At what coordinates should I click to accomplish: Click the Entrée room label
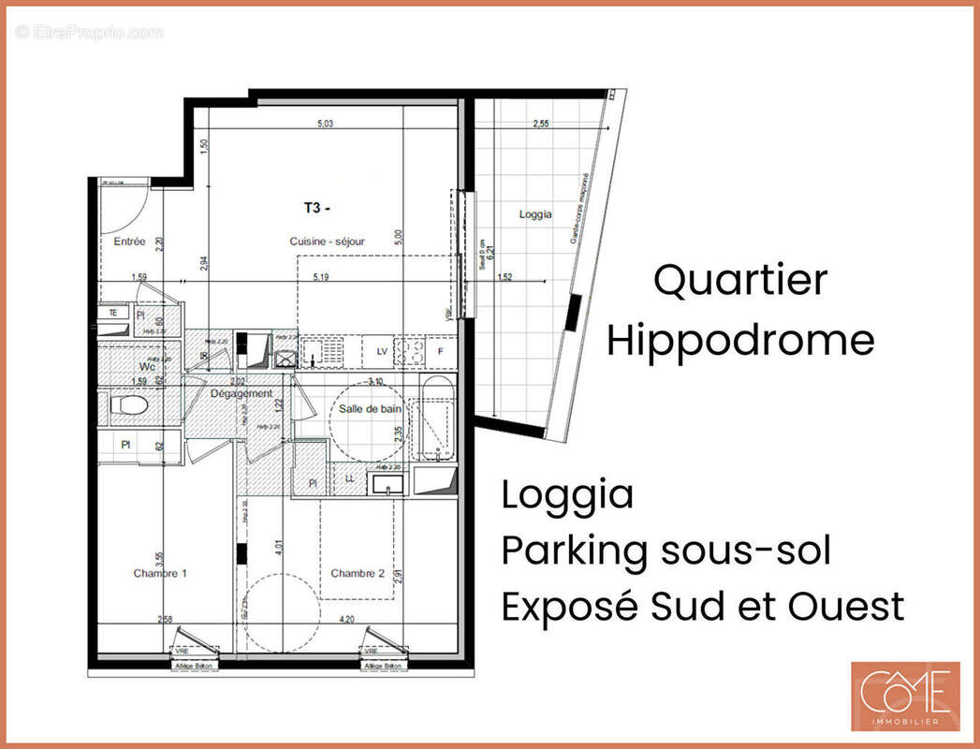(129, 242)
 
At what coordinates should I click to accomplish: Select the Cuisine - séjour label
(327, 242)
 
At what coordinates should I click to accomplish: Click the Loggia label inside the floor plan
(535, 214)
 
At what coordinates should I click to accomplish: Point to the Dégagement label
(241, 394)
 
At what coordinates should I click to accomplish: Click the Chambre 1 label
(159, 573)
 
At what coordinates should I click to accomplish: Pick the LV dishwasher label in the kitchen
(381, 350)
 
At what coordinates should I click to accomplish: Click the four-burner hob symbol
(409, 351)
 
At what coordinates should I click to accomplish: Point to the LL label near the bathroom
(349, 478)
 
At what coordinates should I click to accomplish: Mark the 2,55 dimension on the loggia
(540, 124)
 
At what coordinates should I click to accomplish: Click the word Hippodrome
(739, 340)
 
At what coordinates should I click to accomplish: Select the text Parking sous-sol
(666, 551)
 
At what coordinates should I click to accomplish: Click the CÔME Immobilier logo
(904, 696)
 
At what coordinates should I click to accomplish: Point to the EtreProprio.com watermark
(89, 32)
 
